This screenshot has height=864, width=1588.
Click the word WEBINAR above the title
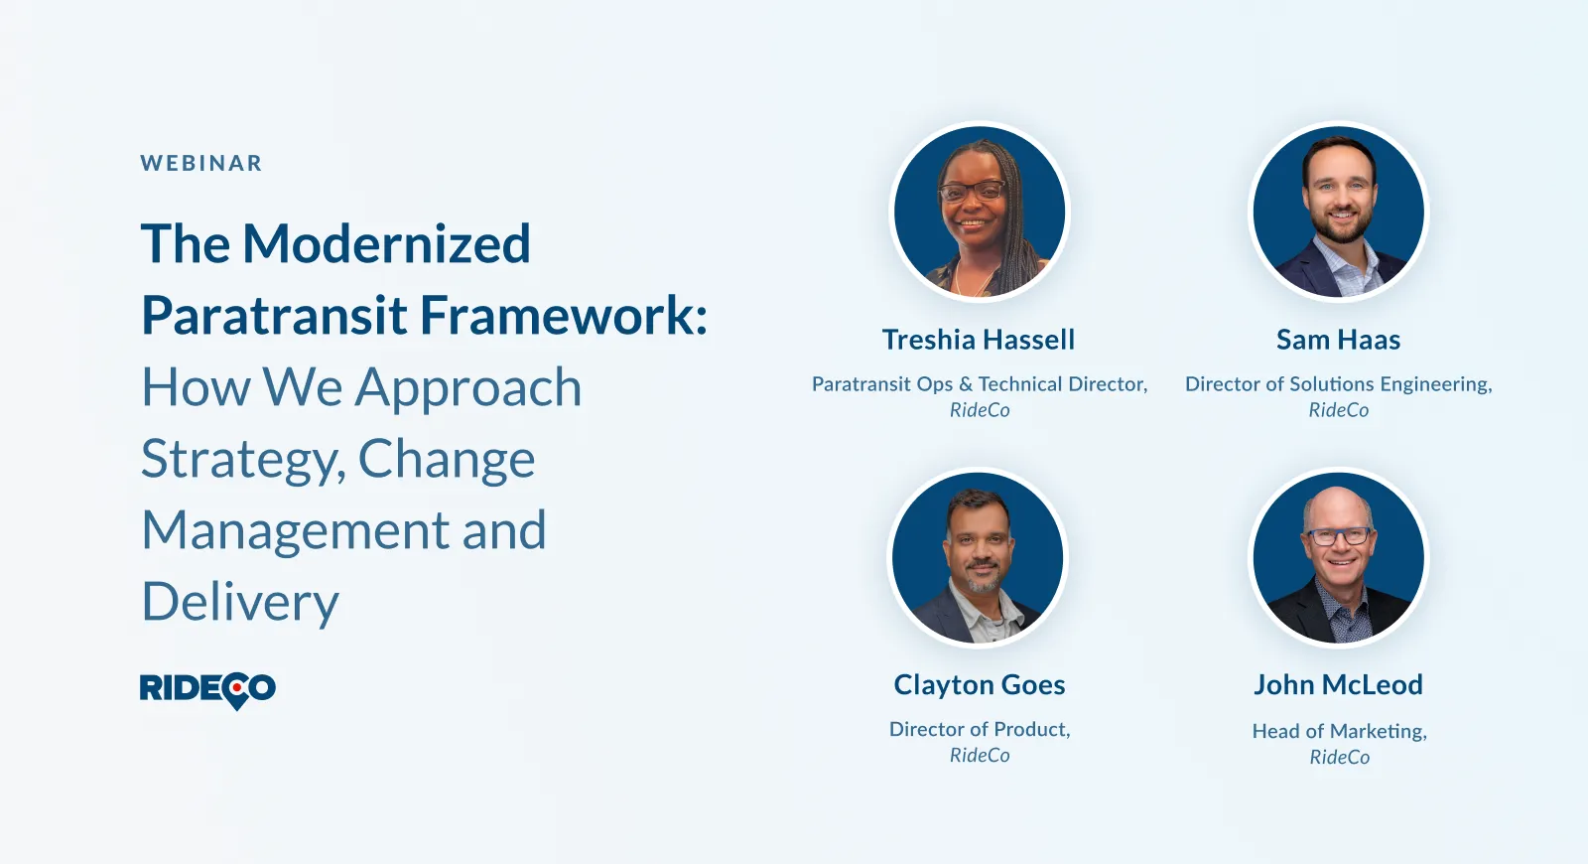point(201,163)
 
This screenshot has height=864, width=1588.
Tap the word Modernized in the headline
point(386,243)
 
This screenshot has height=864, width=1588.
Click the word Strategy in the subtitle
point(238,461)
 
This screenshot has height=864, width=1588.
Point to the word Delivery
point(240,602)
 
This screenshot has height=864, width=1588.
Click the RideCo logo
point(207,690)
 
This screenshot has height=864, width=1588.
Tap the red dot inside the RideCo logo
point(237,687)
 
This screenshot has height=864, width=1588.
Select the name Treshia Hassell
point(979,340)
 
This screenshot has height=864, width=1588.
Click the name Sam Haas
point(1339,340)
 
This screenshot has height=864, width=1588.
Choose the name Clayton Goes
point(979,684)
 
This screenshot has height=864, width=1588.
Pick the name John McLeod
point(1339,684)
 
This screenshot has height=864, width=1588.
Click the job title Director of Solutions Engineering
point(1337,384)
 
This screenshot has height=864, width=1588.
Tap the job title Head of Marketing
point(1338,731)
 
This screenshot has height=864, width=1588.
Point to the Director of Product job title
point(978,729)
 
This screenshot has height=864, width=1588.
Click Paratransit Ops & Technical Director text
point(978,384)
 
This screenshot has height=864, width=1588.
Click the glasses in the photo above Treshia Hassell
point(972,191)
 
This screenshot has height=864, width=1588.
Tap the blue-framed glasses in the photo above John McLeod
point(1339,536)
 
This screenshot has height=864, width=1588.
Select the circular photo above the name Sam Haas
point(1339,212)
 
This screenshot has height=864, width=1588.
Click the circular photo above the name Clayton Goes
point(979,557)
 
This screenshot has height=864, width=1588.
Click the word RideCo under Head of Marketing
point(1339,758)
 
